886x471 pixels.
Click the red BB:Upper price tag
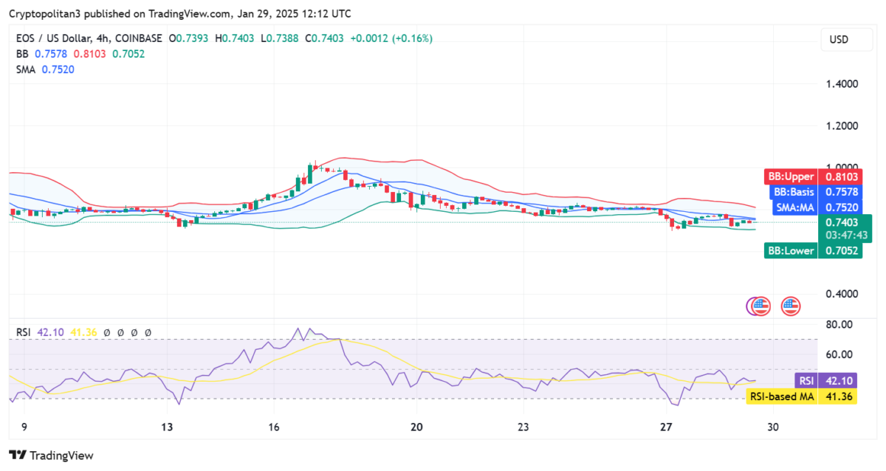pyautogui.click(x=811, y=177)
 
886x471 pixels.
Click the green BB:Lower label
pyautogui.click(x=811, y=250)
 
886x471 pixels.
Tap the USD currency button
pyautogui.click(x=839, y=40)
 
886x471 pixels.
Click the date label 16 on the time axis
pyautogui.click(x=274, y=427)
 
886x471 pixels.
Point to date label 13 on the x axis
pyautogui.click(x=168, y=427)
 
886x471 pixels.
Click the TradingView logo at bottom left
pyautogui.click(x=51, y=455)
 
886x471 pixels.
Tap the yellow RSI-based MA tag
pyautogui.click(x=801, y=396)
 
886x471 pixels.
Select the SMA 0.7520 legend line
pyautogui.click(x=45, y=69)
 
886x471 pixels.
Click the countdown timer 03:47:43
pyautogui.click(x=840, y=235)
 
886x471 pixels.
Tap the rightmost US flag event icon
pyautogui.click(x=791, y=306)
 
